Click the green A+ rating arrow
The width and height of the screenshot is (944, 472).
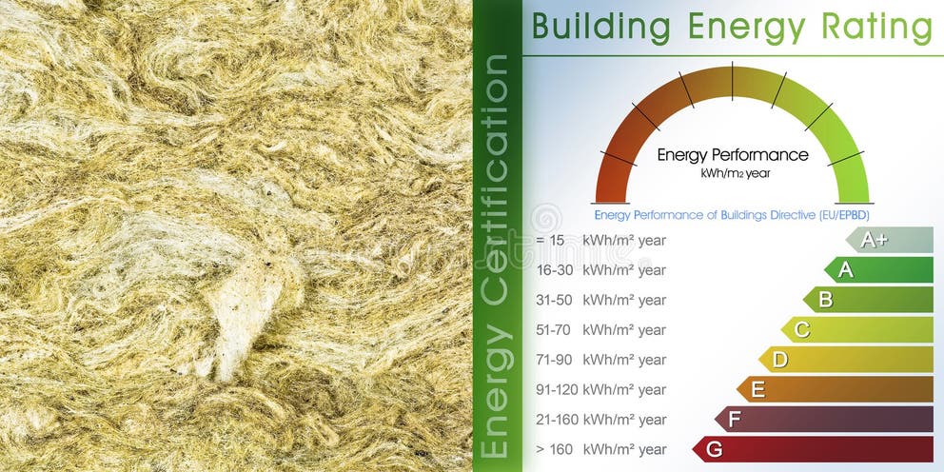click(890, 240)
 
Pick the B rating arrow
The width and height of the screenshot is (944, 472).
click(868, 300)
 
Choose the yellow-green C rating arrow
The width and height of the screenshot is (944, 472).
click(856, 330)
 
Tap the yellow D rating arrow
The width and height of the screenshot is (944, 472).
click(845, 360)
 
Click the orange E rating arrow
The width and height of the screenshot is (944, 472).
click(835, 389)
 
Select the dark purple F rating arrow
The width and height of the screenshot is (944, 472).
click(823, 420)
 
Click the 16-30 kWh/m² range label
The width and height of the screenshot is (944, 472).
click(600, 270)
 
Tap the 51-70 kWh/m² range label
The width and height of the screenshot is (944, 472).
click(600, 330)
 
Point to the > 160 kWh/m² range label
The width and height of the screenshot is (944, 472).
click(600, 449)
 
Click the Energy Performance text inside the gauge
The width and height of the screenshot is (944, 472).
click(733, 155)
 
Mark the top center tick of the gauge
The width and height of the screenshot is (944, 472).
click(732, 81)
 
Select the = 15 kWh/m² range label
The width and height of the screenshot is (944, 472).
click(600, 240)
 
